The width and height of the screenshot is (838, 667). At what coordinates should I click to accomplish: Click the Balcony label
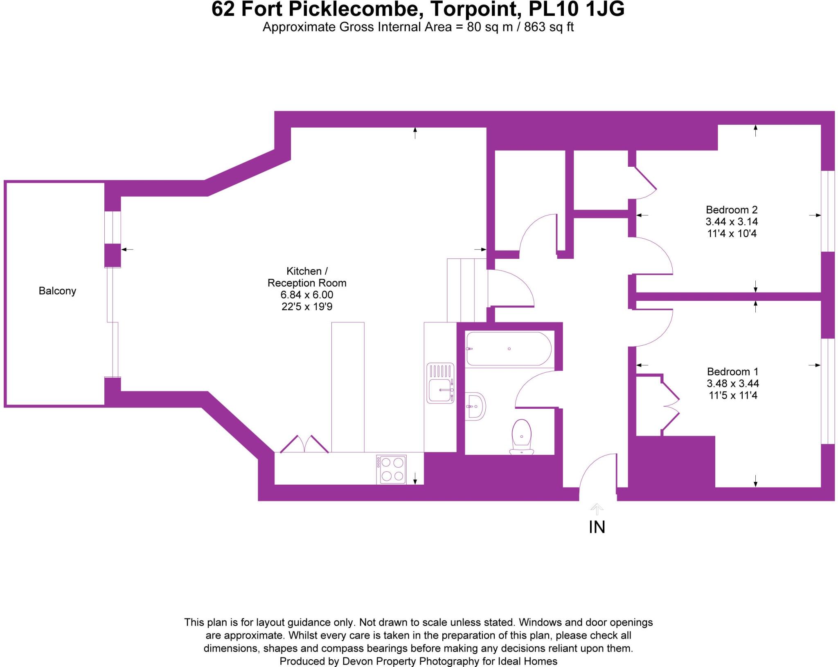tap(57, 291)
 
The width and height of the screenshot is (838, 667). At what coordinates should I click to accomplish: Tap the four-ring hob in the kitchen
tap(392, 469)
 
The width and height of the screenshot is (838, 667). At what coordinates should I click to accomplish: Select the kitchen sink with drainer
tap(440, 383)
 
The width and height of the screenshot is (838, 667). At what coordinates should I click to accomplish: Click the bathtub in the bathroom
tap(509, 349)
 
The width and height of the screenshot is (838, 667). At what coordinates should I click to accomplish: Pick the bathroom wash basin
tap(475, 406)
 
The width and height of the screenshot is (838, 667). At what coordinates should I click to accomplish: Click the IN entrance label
tap(597, 528)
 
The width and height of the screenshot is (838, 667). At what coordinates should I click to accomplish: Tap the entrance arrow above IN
tap(597, 509)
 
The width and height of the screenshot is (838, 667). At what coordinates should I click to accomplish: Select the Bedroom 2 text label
tap(732, 210)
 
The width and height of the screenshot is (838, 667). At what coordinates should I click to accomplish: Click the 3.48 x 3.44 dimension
tap(732, 383)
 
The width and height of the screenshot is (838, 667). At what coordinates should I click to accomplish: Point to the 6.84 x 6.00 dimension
tap(307, 295)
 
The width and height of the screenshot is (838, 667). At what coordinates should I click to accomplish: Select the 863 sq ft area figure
tap(549, 27)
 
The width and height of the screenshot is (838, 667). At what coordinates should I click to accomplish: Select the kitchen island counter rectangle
tap(348, 387)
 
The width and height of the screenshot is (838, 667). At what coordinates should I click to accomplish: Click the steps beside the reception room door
tap(466, 290)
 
